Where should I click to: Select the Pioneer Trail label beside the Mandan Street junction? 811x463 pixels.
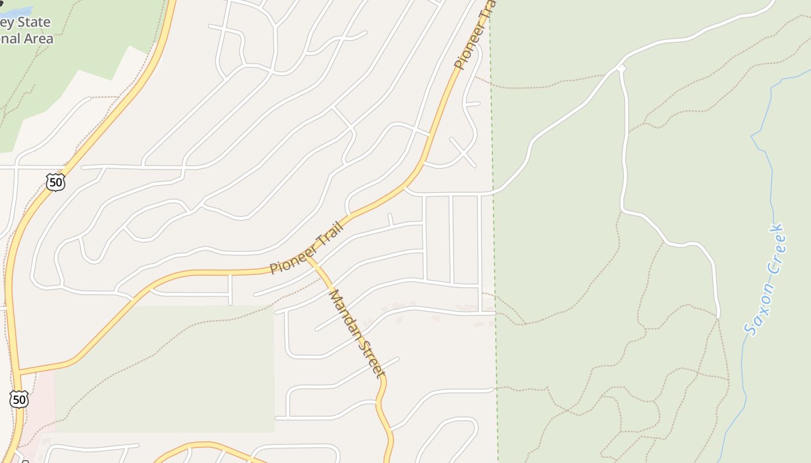point(306,248)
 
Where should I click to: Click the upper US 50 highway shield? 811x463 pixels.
point(55,183)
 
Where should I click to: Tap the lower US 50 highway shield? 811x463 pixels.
point(19,399)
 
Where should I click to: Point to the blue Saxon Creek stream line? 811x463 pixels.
point(771,174)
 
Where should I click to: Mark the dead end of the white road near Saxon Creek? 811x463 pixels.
point(718,317)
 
